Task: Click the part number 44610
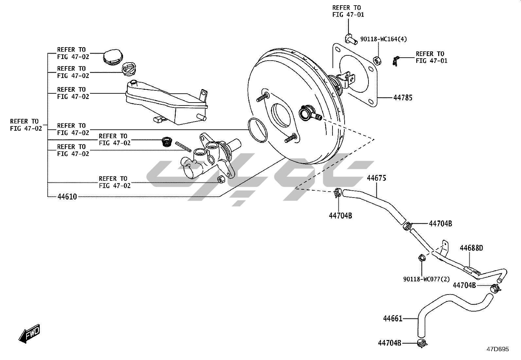point(67,197)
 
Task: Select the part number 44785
point(403,98)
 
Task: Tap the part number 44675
point(377,178)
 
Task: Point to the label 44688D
point(472,248)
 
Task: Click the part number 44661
point(393,318)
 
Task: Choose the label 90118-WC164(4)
point(384,39)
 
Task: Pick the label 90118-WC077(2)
point(426,279)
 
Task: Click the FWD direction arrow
point(29,333)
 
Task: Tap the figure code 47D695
point(498,349)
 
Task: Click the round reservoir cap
point(113,57)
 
